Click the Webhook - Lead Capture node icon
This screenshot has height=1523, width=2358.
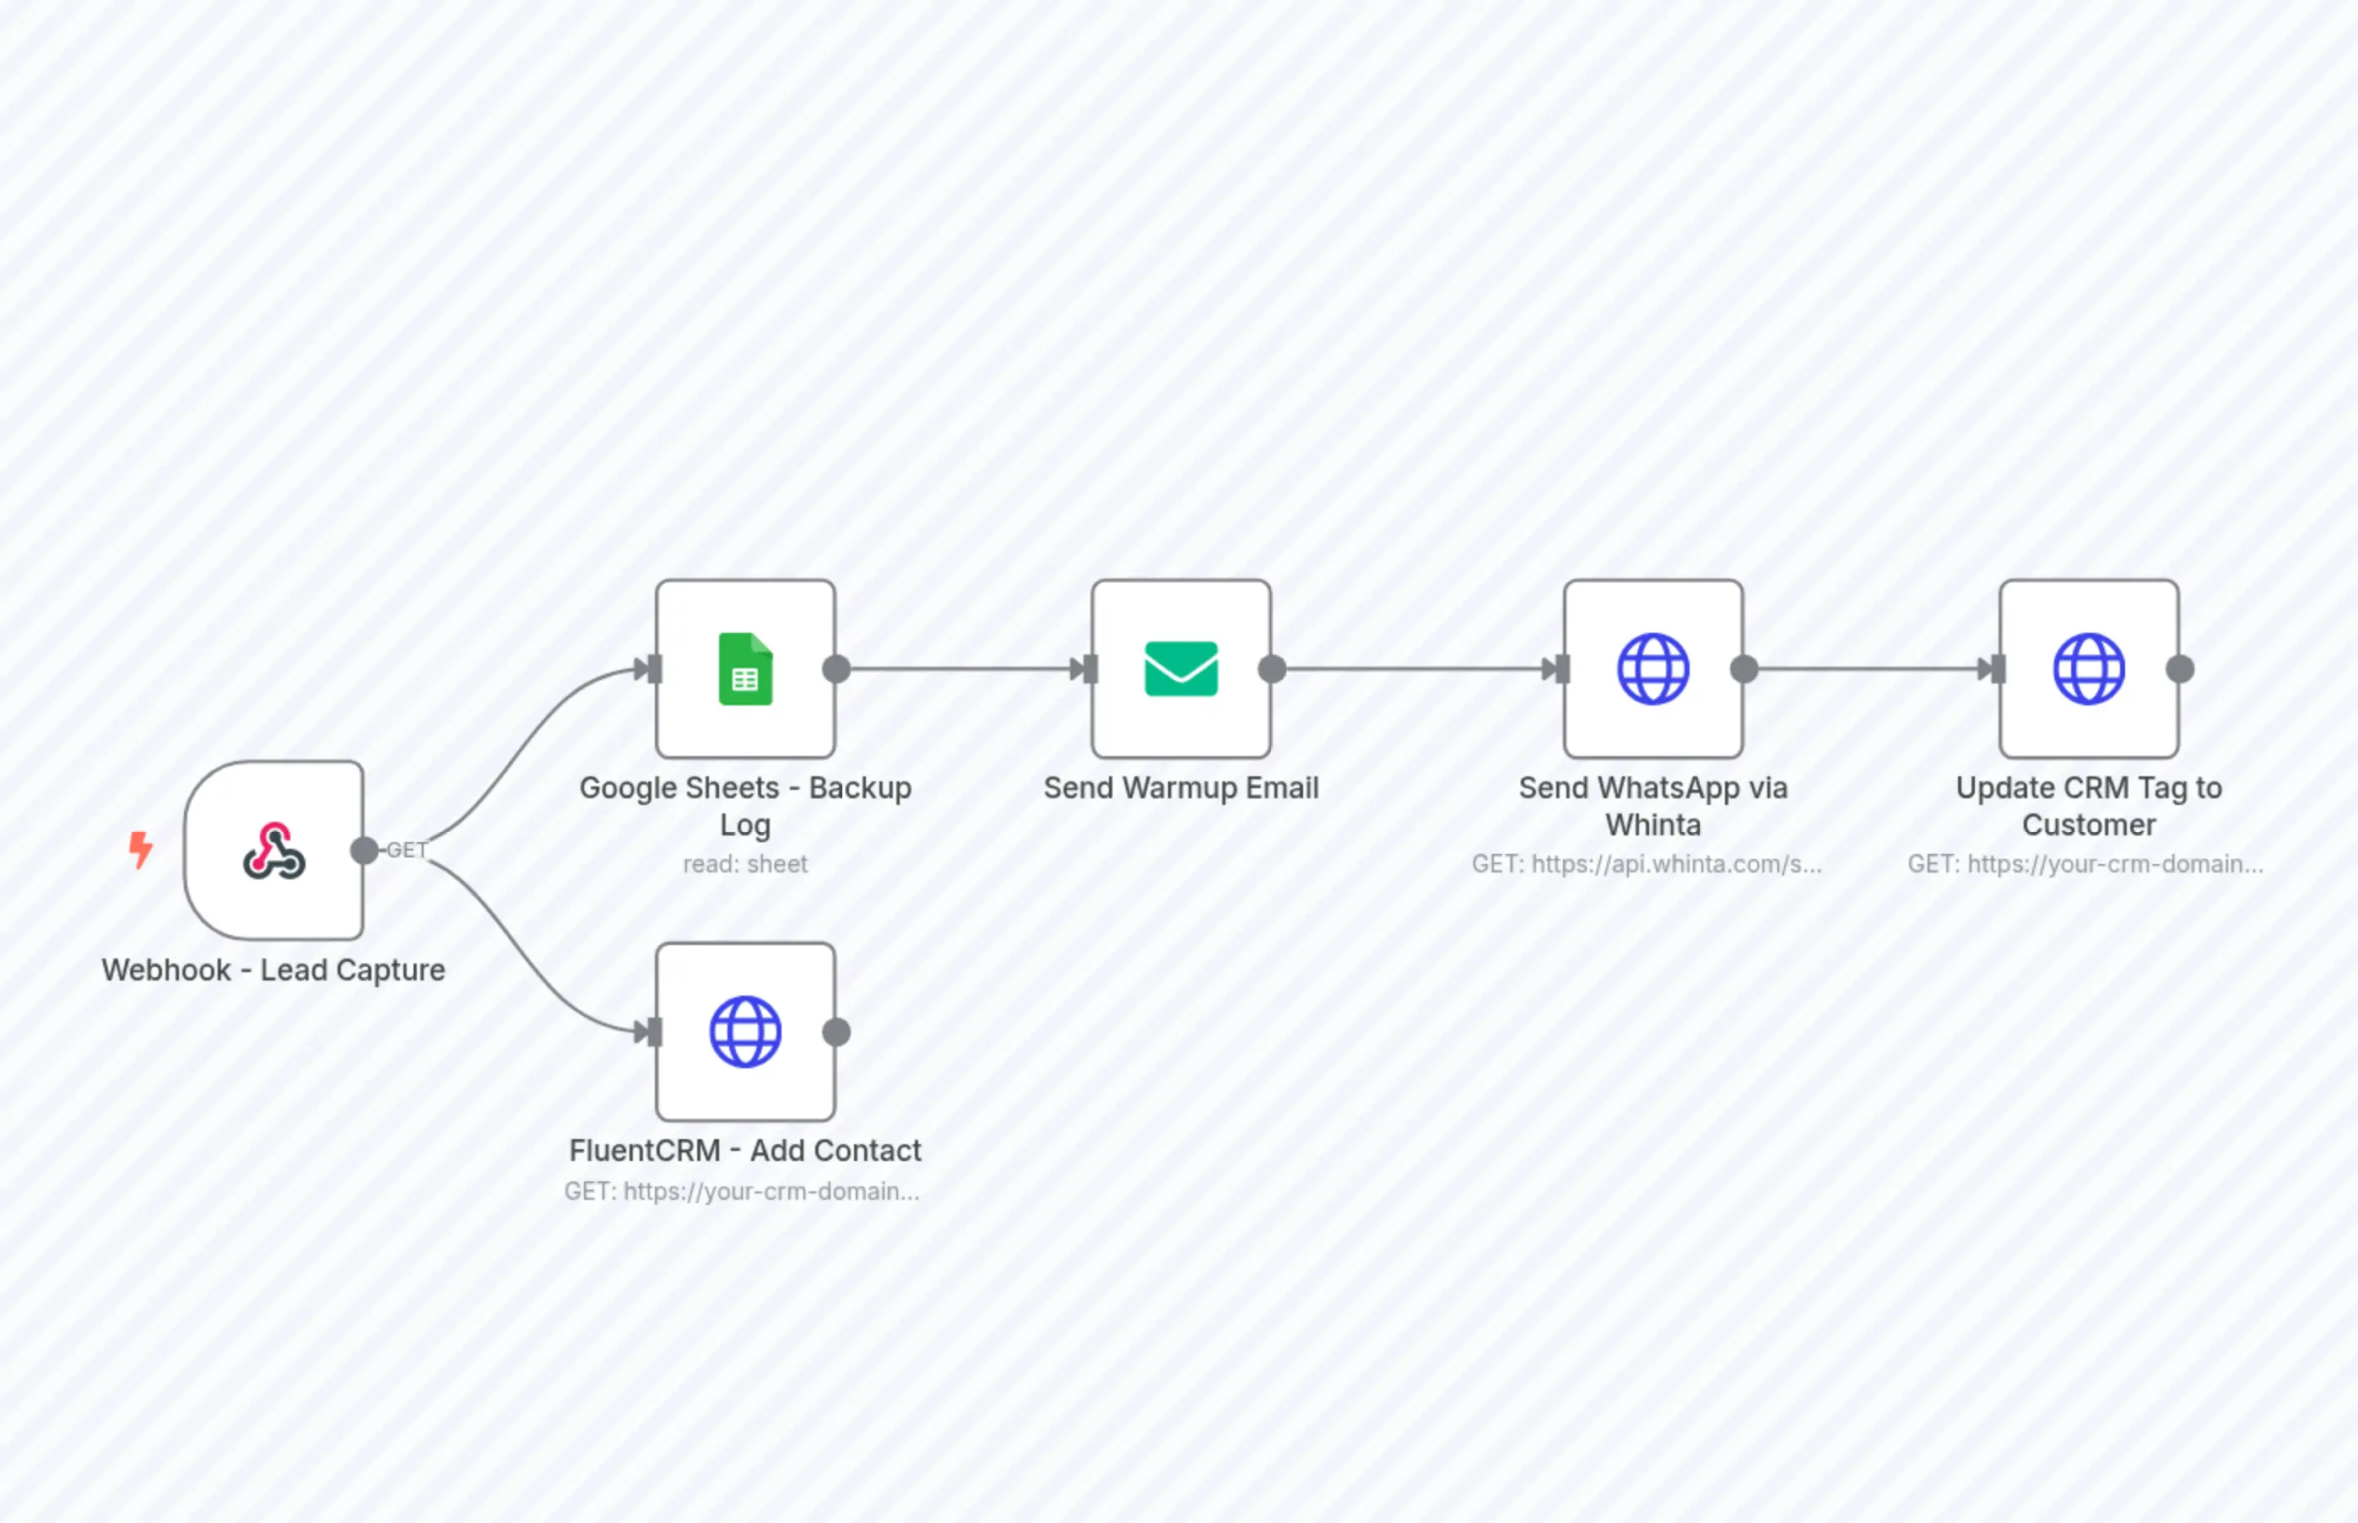274,851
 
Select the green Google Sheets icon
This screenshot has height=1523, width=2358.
745,668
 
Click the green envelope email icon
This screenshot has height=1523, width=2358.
1181,668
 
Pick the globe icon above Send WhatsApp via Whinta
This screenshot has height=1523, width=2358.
1652,668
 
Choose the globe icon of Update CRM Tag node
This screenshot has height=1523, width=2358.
2088,668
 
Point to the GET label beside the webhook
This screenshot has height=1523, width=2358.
407,850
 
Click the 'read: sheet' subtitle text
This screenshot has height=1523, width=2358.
745,864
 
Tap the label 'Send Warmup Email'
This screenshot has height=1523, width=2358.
1181,788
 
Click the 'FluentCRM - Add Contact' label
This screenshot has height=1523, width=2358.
745,1151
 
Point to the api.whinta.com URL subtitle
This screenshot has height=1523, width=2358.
1646,864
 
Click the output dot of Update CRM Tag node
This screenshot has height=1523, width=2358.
2180,669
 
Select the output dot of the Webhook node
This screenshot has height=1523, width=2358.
364,850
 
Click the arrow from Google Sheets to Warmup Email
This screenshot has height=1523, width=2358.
960,669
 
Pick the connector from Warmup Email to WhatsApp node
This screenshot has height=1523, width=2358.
1414,669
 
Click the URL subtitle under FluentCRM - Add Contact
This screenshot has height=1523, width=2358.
742,1191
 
